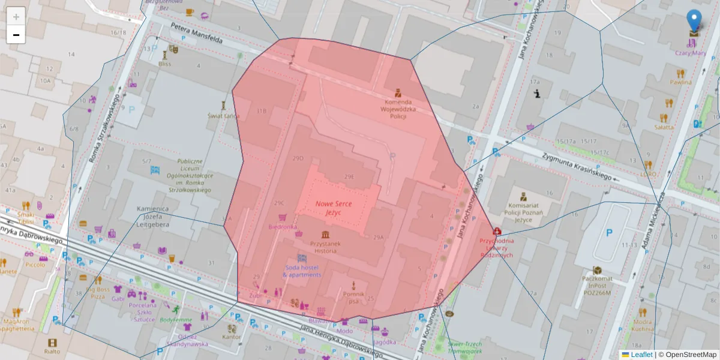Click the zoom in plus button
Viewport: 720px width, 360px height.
click(16, 17)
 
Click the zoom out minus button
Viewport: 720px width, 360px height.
click(16, 35)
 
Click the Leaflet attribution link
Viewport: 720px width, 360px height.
click(641, 355)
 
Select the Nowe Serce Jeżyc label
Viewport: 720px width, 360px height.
click(334, 208)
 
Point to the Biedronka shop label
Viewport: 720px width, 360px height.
click(283, 227)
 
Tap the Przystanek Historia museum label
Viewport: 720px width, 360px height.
click(325, 247)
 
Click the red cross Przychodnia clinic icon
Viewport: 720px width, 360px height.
click(497, 231)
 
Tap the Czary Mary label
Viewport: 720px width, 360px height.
click(690, 53)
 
